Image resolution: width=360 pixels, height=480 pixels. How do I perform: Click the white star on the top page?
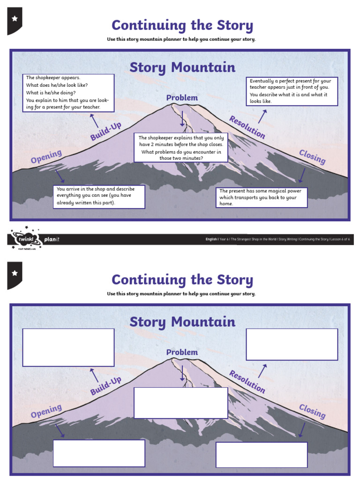(x=14, y=19)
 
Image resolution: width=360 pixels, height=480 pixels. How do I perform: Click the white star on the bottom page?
(x=14, y=273)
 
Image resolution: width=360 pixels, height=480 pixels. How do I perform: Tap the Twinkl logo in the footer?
(x=25, y=239)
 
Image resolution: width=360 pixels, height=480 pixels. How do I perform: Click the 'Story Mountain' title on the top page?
(x=182, y=67)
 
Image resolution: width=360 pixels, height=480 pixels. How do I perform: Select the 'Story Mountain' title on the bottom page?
(x=182, y=322)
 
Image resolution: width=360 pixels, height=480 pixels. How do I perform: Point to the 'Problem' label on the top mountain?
(x=182, y=97)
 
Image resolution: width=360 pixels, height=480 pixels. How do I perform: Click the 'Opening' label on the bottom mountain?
(x=46, y=411)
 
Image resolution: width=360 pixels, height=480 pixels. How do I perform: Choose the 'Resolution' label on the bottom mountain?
(x=247, y=382)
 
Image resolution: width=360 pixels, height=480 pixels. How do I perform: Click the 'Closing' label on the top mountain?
(x=312, y=157)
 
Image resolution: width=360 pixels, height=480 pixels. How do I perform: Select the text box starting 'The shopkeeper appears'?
(x=68, y=92)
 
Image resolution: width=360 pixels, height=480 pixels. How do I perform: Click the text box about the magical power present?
(x=262, y=197)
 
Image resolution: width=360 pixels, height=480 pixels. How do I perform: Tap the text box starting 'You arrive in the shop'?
(x=99, y=196)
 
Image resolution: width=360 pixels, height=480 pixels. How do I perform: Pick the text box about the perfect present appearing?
(x=292, y=91)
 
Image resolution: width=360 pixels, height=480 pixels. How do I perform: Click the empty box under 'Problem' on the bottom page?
(x=181, y=403)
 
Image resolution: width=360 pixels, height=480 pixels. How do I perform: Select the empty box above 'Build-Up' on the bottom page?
(x=68, y=347)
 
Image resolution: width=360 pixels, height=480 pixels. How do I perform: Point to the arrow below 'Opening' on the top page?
(x=60, y=176)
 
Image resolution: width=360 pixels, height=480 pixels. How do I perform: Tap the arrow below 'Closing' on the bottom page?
(x=302, y=429)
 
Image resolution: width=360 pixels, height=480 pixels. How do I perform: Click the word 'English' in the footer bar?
(x=211, y=239)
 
